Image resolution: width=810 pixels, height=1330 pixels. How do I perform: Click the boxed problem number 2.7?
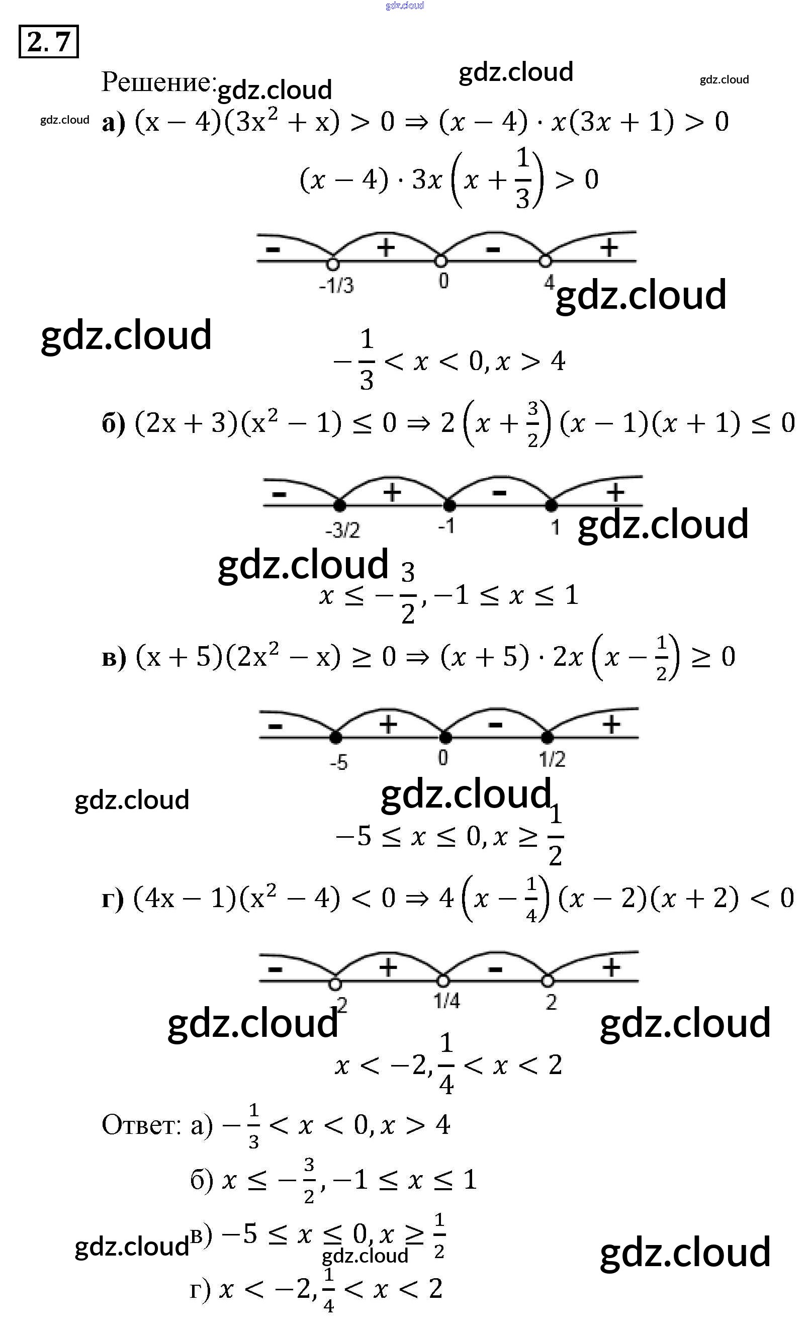point(49,42)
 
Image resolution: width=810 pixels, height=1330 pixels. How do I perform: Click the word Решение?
point(157,82)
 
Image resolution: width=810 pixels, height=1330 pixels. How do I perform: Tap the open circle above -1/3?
point(333,264)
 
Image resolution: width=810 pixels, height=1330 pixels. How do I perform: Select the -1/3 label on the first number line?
point(336,285)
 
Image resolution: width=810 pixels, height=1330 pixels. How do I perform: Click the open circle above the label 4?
point(546,261)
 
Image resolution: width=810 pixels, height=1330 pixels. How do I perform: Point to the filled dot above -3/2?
point(339,505)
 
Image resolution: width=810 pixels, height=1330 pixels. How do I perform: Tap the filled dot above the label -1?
point(449,505)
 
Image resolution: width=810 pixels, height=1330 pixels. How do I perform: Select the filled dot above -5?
point(336,737)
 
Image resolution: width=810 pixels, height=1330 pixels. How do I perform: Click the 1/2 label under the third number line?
point(552,759)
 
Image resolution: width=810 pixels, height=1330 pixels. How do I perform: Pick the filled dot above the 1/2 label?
point(547,737)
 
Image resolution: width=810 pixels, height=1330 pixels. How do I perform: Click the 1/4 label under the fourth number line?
point(447,1001)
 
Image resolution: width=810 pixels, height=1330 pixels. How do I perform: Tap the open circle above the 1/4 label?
point(443,980)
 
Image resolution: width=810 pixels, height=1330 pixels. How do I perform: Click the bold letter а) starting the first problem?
point(113,124)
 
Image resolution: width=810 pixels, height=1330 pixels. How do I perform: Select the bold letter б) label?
point(113,424)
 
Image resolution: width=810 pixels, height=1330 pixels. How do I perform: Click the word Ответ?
point(141,1125)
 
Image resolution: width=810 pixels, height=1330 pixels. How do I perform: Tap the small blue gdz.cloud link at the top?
point(405,6)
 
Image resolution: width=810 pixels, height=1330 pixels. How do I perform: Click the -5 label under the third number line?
point(339,762)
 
